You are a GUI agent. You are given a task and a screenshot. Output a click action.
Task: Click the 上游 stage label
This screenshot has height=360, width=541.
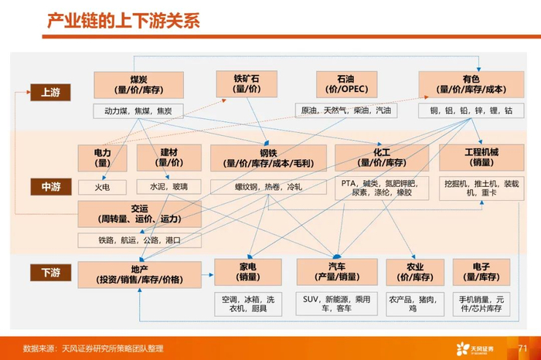pos(50,93)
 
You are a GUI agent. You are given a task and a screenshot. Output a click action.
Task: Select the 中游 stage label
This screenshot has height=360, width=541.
pos(50,187)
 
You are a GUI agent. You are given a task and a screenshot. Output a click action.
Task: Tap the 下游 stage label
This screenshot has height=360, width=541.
pos(50,273)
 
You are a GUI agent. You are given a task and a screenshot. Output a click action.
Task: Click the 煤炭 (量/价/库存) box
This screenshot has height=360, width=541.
pos(139,85)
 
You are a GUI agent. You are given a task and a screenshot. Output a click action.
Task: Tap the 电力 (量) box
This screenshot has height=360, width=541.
pos(102,158)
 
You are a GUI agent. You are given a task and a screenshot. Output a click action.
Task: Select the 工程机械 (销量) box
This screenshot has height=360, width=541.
pos(481,158)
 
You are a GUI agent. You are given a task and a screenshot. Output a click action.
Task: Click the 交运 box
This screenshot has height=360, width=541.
pos(139,213)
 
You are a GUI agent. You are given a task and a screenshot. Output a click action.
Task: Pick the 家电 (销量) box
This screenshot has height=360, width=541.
pos(247,273)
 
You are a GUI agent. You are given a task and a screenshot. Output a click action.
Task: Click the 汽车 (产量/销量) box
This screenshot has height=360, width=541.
pos(337,273)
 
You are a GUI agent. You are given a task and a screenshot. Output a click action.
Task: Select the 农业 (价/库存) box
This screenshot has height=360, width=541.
pos(415,273)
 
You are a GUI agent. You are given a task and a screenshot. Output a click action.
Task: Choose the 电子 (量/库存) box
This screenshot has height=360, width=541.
pos(481,273)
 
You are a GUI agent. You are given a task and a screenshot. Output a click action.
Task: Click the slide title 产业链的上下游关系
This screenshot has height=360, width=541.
pos(124,19)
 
